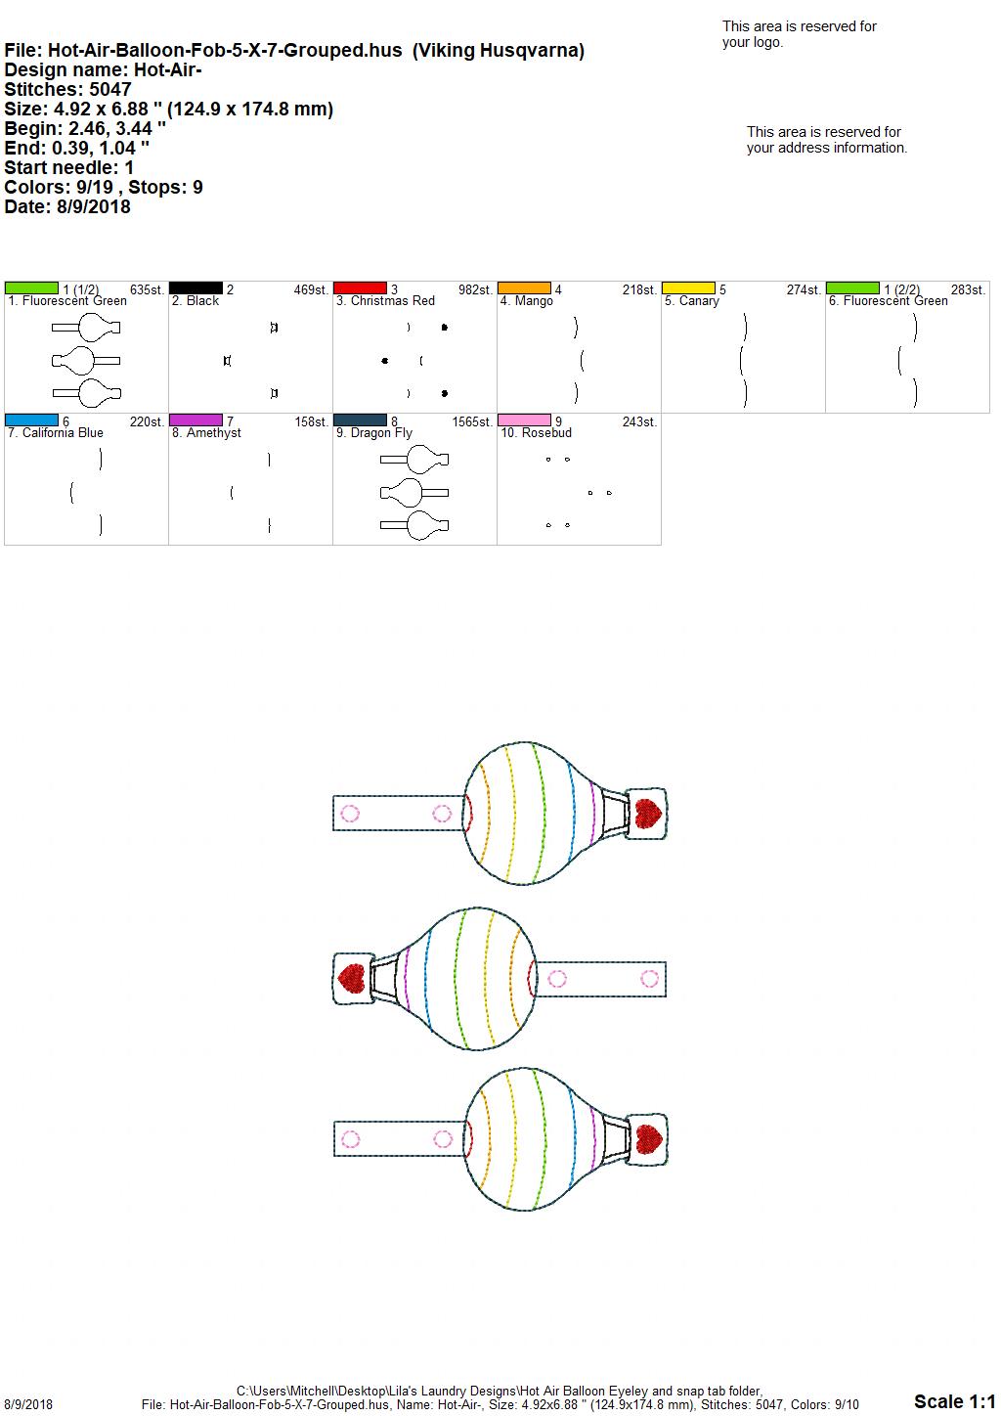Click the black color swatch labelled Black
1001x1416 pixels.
(196, 288)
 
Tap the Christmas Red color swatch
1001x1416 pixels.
(360, 288)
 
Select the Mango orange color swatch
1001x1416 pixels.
(525, 288)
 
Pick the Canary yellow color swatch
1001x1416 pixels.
(689, 288)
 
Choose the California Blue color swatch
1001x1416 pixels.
(31, 420)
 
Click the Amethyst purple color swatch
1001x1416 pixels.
(196, 420)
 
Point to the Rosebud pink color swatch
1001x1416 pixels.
(525, 420)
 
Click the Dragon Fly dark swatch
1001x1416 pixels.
(360, 420)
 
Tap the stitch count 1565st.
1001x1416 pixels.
(472, 421)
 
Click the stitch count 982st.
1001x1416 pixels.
(475, 289)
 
